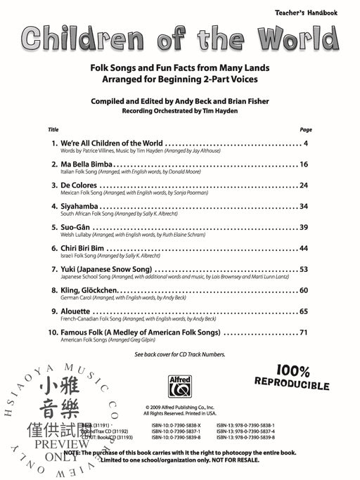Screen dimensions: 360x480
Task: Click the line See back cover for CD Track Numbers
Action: tap(179, 354)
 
